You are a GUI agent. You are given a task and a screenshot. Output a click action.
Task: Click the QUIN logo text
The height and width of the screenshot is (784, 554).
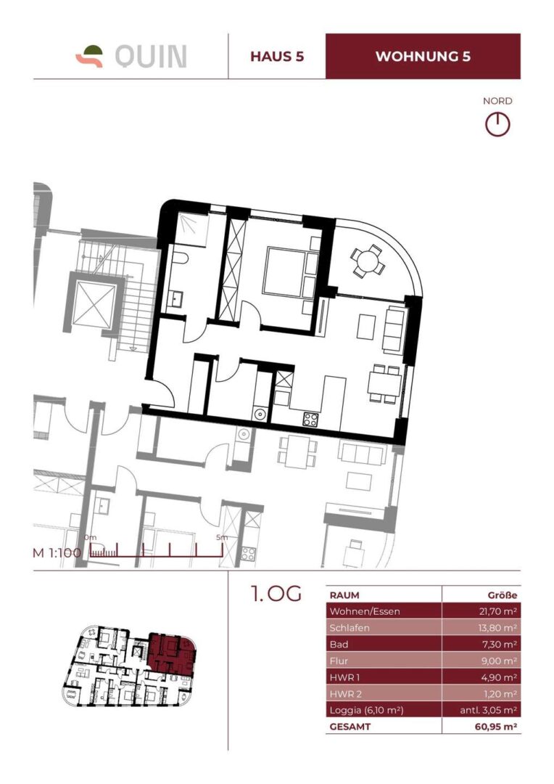(150, 56)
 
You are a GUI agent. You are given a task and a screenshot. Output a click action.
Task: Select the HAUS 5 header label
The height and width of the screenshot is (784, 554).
(276, 57)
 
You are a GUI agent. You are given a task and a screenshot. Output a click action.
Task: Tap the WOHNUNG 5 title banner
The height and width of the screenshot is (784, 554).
(423, 57)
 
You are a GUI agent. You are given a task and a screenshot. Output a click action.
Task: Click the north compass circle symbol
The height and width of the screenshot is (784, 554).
(497, 124)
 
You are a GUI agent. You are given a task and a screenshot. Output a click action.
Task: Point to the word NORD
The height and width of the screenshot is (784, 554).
(497, 101)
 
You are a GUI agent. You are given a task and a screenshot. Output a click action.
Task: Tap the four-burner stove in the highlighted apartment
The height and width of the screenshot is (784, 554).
(310, 417)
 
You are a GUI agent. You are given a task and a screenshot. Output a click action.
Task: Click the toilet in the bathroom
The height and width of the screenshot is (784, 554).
(180, 260)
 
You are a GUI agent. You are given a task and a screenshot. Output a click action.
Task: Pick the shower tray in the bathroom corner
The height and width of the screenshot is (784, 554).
(192, 226)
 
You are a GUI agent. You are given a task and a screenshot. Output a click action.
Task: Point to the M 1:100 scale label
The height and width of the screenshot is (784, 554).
(57, 552)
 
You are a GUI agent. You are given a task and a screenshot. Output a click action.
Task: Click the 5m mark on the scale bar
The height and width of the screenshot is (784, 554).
(221, 538)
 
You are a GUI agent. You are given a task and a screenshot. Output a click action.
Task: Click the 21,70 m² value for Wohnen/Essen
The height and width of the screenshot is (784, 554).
(493, 611)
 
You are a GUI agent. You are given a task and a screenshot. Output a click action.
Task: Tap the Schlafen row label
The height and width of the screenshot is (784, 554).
(348, 628)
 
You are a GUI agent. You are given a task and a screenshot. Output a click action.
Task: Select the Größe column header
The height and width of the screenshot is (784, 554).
(502, 595)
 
